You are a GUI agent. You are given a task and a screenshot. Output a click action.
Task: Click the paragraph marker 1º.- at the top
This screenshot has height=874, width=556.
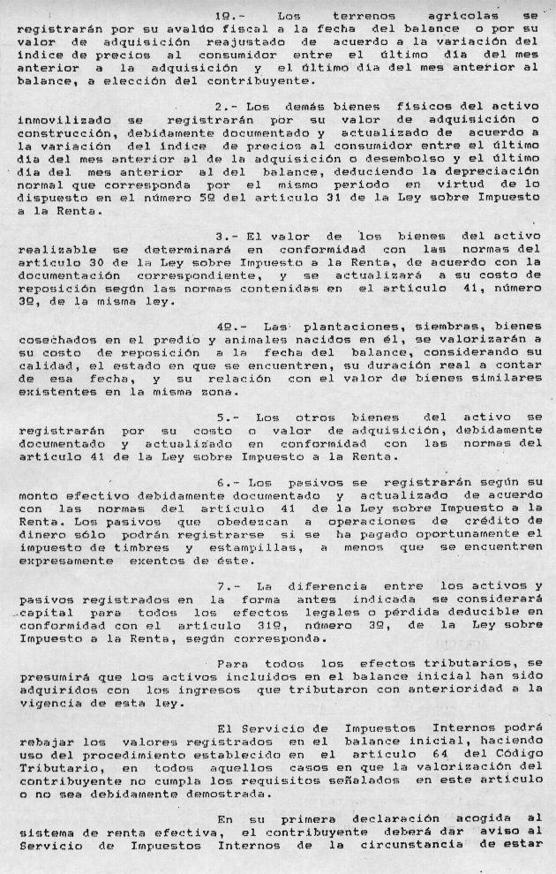232,16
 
